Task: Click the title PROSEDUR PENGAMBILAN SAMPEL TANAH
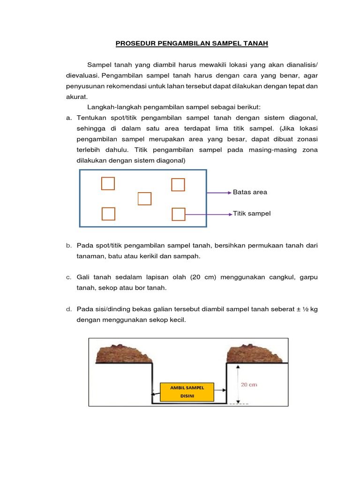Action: (x=192, y=44)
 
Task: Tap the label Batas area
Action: (x=250, y=192)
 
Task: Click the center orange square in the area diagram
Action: (x=144, y=199)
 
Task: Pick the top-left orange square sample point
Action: (x=108, y=183)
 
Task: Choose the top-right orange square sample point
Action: (x=178, y=185)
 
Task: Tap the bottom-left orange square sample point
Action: (x=108, y=214)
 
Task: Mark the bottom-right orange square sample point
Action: (x=179, y=214)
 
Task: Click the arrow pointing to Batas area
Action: (x=219, y=192)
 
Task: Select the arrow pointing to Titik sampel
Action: (x=209, y=214)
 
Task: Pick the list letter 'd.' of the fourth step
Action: (x=69, y=309)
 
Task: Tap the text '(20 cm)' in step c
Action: (x=202, y=277)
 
